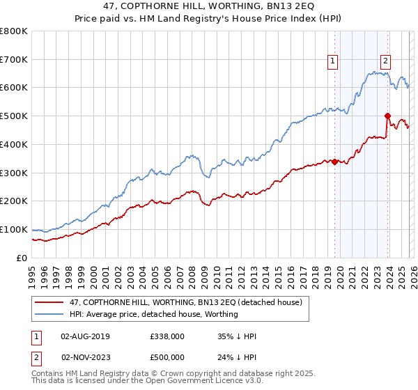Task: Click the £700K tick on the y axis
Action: pyautogui.click(x=14, y=59)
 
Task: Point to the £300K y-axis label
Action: pyautogui.click(x=14, y=173)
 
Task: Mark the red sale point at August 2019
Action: pyautogui.click(x=334, y=162)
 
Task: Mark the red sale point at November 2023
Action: pyautogui.click(x=387, y=116)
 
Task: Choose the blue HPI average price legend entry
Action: pyautogui.click(x=154, y=314)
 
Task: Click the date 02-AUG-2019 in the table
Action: pyautogui.click(x=85, y=336)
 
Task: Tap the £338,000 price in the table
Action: pyautogui.click(x=167, y=336)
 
